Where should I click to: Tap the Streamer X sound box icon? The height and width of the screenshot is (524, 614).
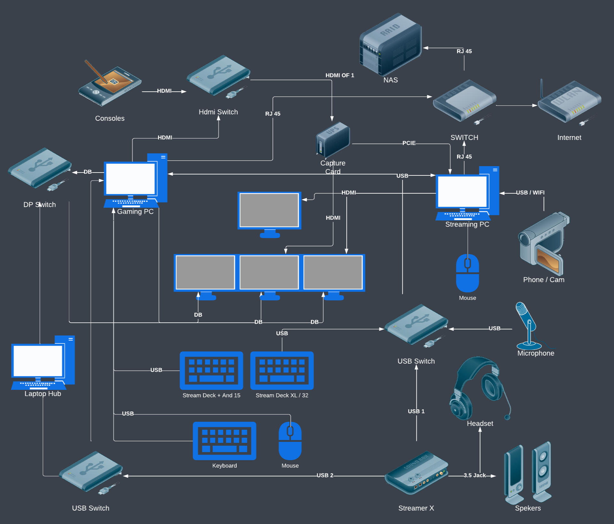point(416,473)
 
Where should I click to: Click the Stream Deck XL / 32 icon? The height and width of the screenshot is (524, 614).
point(282,371)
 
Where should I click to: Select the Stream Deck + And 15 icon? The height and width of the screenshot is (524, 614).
point(211,371)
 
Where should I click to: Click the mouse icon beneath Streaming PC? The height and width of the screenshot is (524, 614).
point(468,273)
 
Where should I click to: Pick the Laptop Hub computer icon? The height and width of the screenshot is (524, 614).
point(43,363)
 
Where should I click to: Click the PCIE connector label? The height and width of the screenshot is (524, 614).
point(409,143)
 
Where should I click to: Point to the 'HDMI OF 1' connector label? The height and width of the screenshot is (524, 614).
point(340,75)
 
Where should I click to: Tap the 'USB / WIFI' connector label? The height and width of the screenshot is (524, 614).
point(530,193)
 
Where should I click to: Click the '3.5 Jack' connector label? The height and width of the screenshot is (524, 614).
point(475,475)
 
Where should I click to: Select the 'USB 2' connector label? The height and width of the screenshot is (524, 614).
point(325,475)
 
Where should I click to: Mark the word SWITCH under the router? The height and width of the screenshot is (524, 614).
point(464,138)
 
